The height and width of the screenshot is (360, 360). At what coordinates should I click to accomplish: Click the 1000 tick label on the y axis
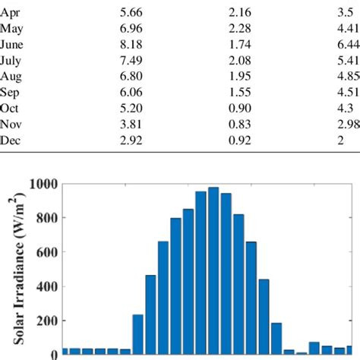click(43, 184)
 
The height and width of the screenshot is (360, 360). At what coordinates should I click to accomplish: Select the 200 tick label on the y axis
click(46, 321)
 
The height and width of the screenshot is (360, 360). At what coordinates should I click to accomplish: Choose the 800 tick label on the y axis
click(46, 218)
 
